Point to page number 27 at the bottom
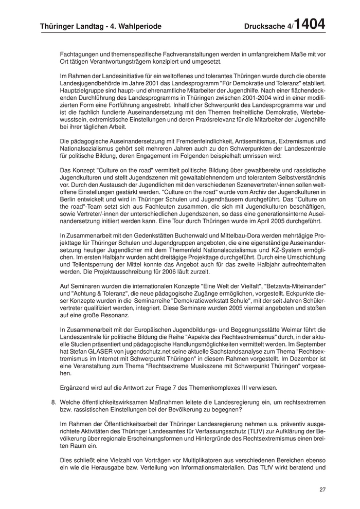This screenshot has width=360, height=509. (322, 489)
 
